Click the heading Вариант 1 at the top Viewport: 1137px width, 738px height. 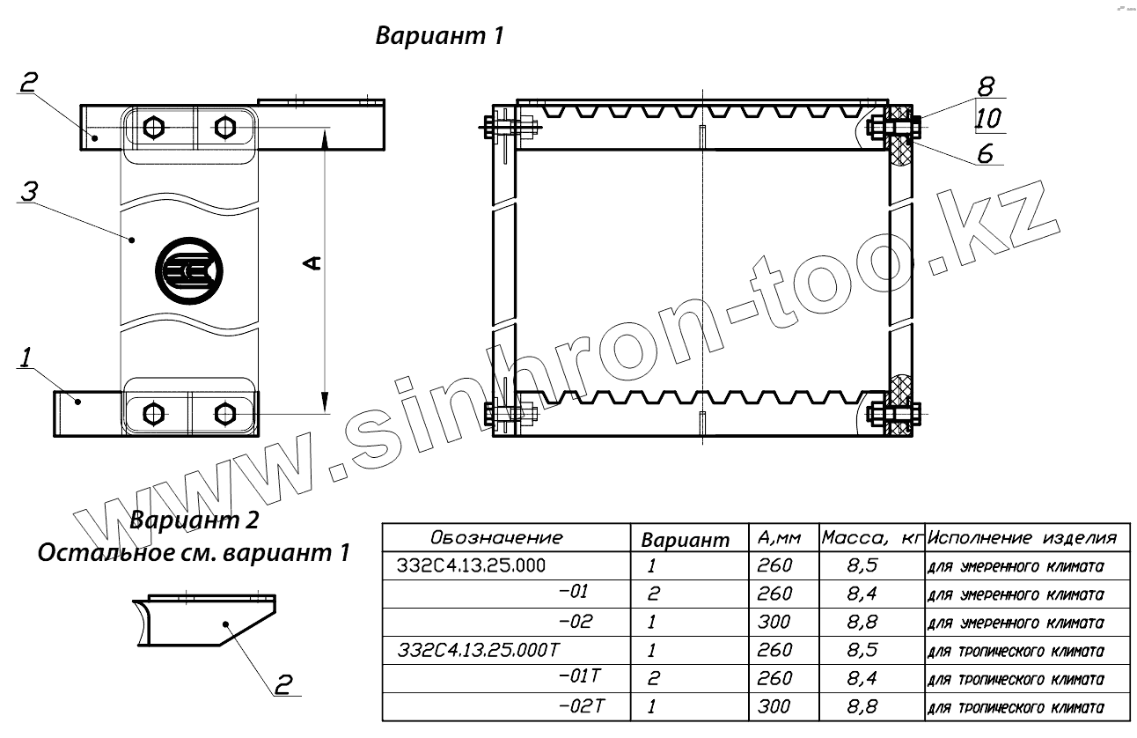click(x=439, y=36)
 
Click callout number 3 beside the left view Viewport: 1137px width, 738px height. click(x=29, y=191)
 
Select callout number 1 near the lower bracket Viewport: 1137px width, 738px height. click(x=26, y=357)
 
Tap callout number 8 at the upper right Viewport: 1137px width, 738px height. click(x=986, y=86)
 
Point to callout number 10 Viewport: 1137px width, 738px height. click(x=987, y=118)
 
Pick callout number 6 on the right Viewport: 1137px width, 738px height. click(x=986, y=153)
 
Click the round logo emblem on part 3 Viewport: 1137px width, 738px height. click(x=189, y=270)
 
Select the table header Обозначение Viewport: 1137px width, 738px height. click(x=496, y=537)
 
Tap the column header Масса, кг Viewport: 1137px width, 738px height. click(x=871, y=538)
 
